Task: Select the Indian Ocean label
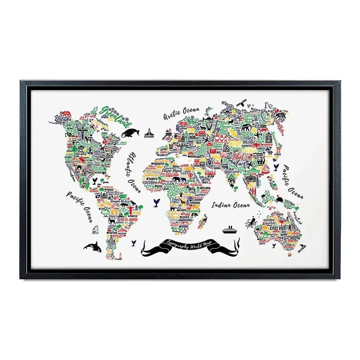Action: [x=230, y=205]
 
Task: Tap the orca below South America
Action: [x=93, y=247]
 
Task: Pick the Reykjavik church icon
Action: [x=148, y=132]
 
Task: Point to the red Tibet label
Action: [x=243, y=156]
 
